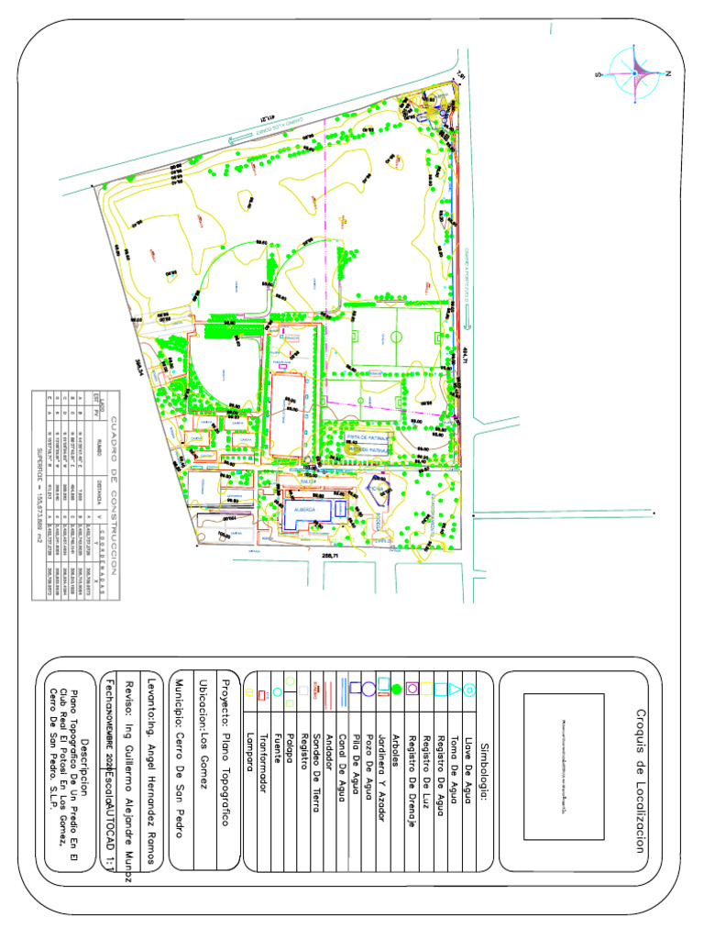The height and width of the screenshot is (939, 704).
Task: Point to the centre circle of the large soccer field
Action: [x=396, y=337]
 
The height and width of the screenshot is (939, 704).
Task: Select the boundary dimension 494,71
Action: [x=465, y=357]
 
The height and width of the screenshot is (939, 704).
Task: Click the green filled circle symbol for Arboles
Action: [x=397, y=689]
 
